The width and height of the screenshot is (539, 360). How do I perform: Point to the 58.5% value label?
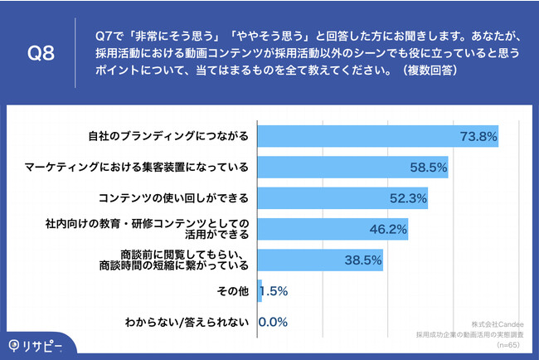[428, 168]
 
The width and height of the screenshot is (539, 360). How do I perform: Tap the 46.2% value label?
[388, 230]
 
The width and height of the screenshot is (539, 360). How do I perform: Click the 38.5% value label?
[362, 260]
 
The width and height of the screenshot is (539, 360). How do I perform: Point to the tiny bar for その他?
[260, 291]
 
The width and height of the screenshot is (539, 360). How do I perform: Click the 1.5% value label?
[274, 292]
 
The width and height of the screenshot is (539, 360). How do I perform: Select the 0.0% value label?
[274, 323]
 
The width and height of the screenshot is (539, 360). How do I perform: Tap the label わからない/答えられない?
[187, 323]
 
